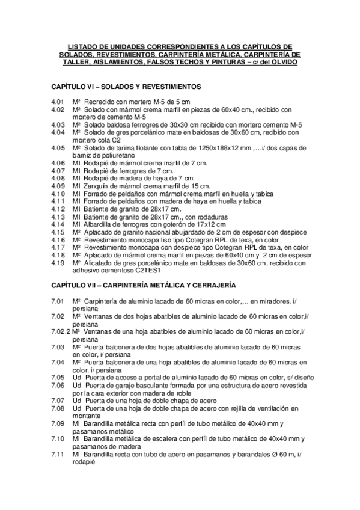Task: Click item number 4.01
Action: tap(58, 103)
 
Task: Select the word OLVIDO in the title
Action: tap(284, 63)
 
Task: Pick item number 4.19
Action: tap(58, 263)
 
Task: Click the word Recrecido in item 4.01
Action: tap(99, 103)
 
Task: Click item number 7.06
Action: tap(58, 386)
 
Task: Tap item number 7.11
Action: tap(58, 455)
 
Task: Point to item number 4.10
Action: tap(58, 194)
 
